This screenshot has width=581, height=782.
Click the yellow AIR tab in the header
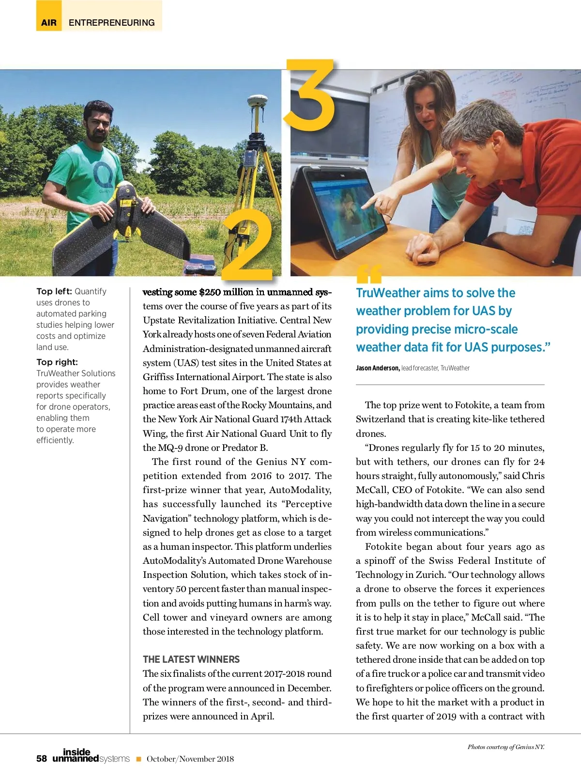(49, 23)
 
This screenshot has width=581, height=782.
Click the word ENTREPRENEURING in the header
(112, 23)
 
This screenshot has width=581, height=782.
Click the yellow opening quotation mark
(369, 274)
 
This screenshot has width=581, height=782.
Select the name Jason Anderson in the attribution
(378, 368)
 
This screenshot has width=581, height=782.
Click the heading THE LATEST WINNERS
(191, 659)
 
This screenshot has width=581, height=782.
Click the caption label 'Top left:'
(54, 291)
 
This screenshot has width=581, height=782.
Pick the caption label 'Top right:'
(57, 362)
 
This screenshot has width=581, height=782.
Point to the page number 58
(42, 759)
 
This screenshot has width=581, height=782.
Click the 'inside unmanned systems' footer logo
(91, 756)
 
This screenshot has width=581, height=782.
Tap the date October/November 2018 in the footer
(190, 759)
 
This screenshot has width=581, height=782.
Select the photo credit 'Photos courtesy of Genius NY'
(506, 747)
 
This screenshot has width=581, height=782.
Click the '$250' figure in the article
(210, 292)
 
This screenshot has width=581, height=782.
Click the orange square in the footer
(138, 759)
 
